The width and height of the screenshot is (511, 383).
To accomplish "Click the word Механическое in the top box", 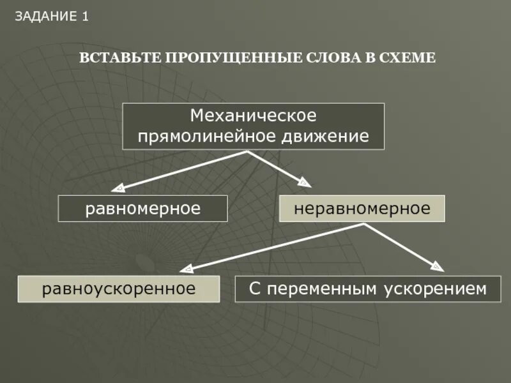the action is point(254,116).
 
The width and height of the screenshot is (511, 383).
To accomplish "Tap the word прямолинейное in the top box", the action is point(207,136).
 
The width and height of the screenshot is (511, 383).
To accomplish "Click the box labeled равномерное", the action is point(143,209).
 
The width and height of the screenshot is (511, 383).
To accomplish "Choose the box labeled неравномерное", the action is point(362,209).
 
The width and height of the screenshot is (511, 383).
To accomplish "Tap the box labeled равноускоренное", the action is point(119,289).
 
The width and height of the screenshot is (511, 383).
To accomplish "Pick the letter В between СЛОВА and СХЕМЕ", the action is point(367,58).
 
